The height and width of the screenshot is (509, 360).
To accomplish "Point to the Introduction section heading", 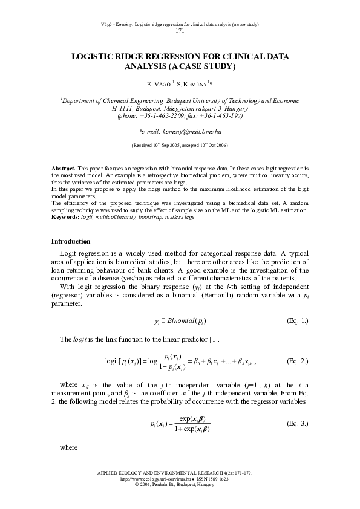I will (x=71, y=242).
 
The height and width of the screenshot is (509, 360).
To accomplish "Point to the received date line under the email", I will (x=180, y=146).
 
